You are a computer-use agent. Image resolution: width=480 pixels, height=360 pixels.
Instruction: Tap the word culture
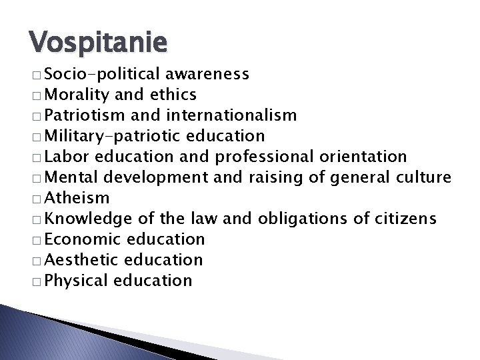[427, 177]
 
